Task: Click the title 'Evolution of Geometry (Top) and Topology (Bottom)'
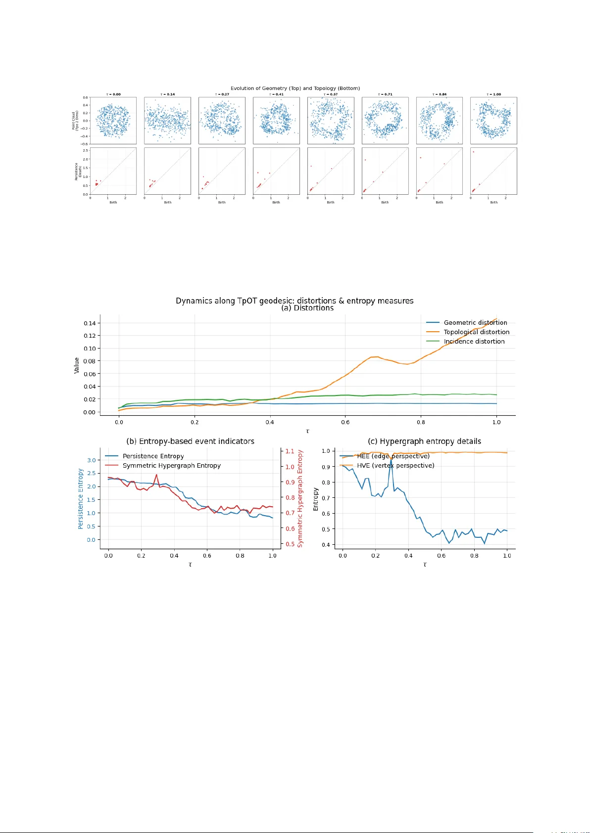tap(295, 88)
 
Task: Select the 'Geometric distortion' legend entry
tap(475, 323)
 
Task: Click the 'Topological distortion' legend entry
tap(476, 332)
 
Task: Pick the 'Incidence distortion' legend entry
tap(474, 342)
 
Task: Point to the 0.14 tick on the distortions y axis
tap(90, 323)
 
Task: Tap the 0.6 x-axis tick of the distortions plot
tap(345, 422)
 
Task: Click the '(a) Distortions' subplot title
tap(307, 308)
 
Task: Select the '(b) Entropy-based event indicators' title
tap(191, 441)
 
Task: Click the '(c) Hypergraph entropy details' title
tap(424, 441)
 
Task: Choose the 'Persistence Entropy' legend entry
tap(153, 456)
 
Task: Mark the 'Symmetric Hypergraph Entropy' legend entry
tap(171, 466)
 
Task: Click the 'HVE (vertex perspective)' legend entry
tap(395, 466)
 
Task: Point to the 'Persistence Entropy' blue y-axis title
tap(81, 499)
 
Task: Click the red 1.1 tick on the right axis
tap(290, 451)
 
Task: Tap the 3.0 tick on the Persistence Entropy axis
tap(92, 460)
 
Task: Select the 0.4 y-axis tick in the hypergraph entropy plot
tap(326, 545)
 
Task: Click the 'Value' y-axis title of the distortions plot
tap(77, 365)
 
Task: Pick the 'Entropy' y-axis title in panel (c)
tap(316, 499)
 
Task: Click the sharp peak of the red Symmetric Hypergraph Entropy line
tap(156, 475)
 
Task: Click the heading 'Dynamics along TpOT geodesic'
tap(295, 301)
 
